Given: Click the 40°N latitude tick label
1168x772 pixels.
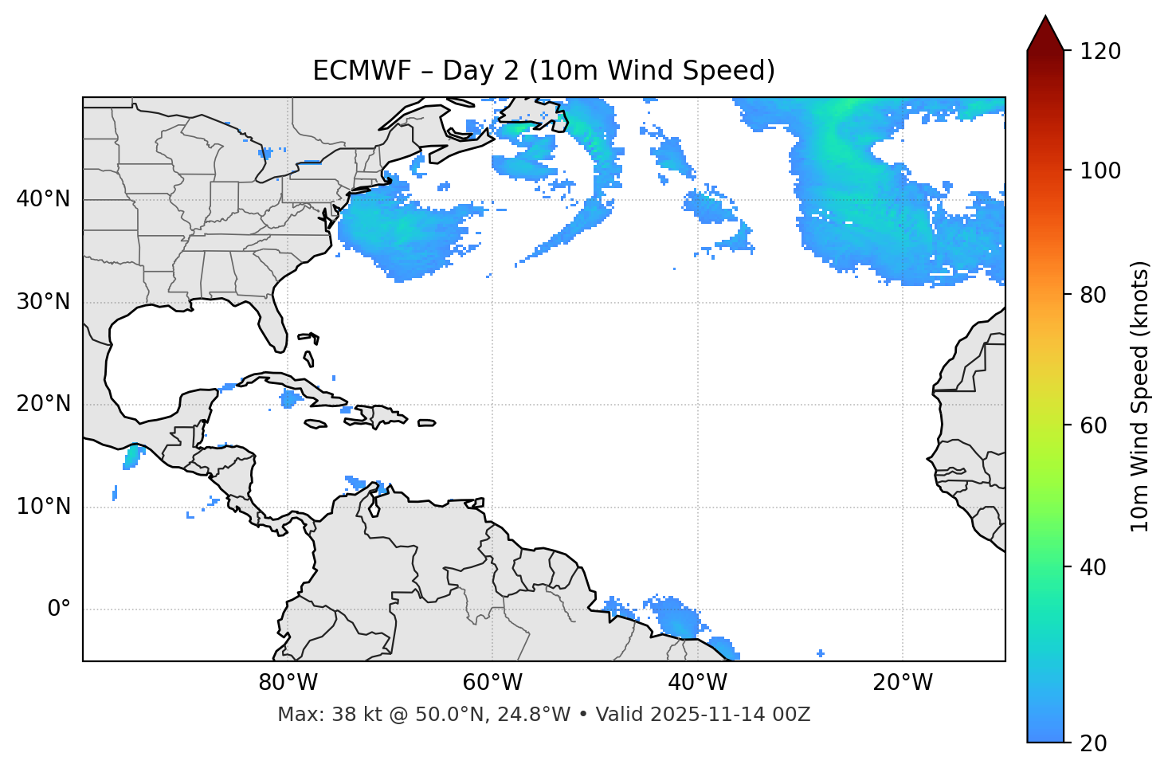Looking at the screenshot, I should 43,199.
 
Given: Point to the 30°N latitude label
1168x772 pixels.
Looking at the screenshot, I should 43,302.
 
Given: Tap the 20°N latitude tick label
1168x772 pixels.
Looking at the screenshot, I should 43,404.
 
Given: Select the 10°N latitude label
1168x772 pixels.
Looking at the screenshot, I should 43,507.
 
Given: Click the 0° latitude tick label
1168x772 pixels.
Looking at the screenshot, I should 59,609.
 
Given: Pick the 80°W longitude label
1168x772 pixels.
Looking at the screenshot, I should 288,683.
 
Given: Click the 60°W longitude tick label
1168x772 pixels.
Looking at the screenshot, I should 492,683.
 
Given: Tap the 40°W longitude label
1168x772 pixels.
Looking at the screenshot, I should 697,683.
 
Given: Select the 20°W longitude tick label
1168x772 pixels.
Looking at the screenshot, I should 902,683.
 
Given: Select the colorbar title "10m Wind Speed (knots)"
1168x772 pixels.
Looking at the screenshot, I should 1140,396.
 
